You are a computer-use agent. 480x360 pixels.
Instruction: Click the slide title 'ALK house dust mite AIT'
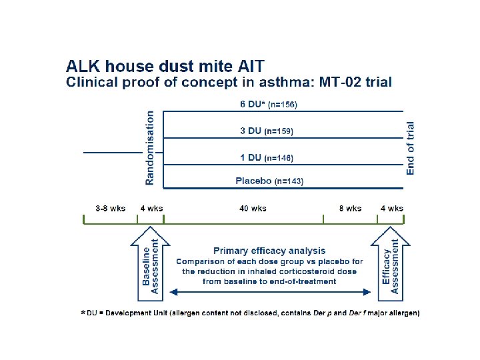[x=165, y=67]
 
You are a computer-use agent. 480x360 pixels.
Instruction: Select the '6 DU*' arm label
[x=251, y=104]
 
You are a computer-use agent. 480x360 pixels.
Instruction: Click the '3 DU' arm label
[x=251, y=131]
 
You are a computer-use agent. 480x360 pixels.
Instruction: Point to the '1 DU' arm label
[x=251, y=158]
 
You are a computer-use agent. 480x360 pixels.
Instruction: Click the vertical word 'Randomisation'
[x=149, y=147]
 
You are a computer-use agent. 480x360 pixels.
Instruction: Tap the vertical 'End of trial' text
[x=410, y=147]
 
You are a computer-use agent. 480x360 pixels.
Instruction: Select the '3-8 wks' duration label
[x=110, y=209]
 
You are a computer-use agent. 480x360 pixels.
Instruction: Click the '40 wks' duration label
[x=253, y=209]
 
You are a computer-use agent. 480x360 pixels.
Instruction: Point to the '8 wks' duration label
[x=351, y=209]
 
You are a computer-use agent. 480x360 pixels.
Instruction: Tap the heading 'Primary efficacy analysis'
[x=269, y=251]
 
